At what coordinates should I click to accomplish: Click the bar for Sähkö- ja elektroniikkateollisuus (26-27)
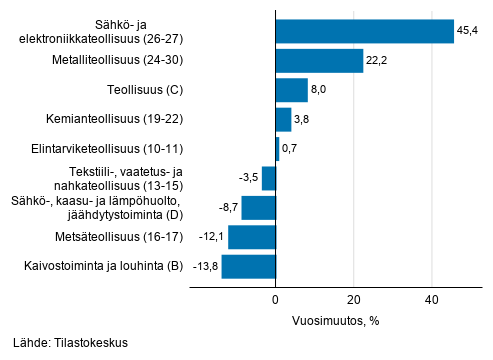coord(365,32)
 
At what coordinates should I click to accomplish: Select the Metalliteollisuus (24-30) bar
coord(319,61)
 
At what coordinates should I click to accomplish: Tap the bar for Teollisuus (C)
coord(291,91)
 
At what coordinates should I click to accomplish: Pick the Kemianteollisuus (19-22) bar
coord(283,120)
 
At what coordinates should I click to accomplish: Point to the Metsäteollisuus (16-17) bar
coord(252,237)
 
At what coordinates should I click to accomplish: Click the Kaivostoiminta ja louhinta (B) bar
coord(248,267)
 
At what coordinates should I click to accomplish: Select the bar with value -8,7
coord(258,208)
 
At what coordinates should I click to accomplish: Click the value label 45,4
coord(469,32)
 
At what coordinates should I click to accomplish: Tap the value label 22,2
coord(378,61)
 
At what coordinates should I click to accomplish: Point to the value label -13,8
coord(205,267)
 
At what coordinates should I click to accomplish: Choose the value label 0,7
coord(291,150)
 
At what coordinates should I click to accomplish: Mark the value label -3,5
coord(247,179)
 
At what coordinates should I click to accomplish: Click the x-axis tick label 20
coord(354,299)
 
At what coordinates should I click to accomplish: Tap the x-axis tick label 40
coord(432,299)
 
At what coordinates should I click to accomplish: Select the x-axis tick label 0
coord(275,299)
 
